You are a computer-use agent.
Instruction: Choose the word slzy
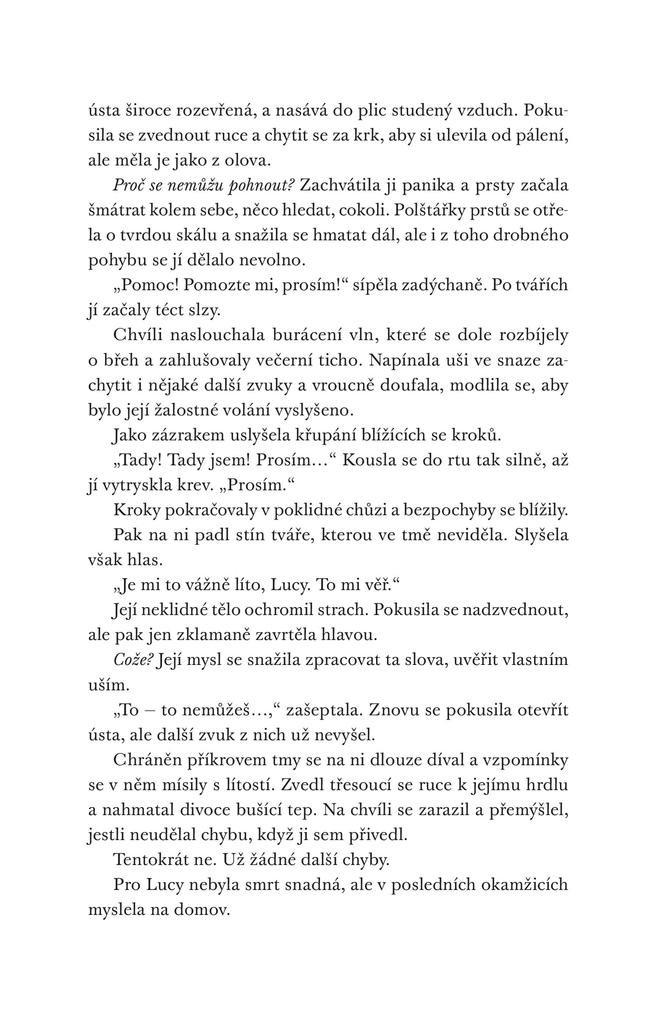[x=205, y=311]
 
